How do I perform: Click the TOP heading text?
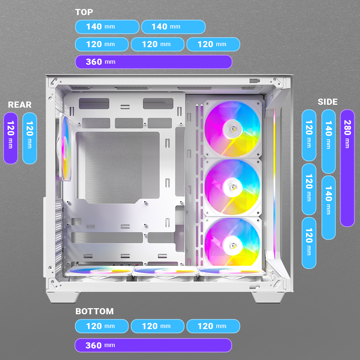[84, 12]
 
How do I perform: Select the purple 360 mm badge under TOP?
[153, 62]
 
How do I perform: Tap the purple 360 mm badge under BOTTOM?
[153, 345]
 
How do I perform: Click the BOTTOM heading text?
[94, 311]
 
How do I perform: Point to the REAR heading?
[20, 105]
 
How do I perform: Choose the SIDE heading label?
[328, 102]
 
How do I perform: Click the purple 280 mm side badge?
[347, 168]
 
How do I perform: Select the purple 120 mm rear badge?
[10, 138]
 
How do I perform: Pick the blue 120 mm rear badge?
[30, 138]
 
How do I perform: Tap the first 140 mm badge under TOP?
[107, 27]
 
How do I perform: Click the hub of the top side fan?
[231, 128]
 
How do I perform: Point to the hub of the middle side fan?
[231, 187]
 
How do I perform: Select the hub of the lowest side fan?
[231, 245]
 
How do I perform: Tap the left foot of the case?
[63, 297]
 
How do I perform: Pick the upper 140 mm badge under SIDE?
[328, 141]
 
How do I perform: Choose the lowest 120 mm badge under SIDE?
[309, 243]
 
